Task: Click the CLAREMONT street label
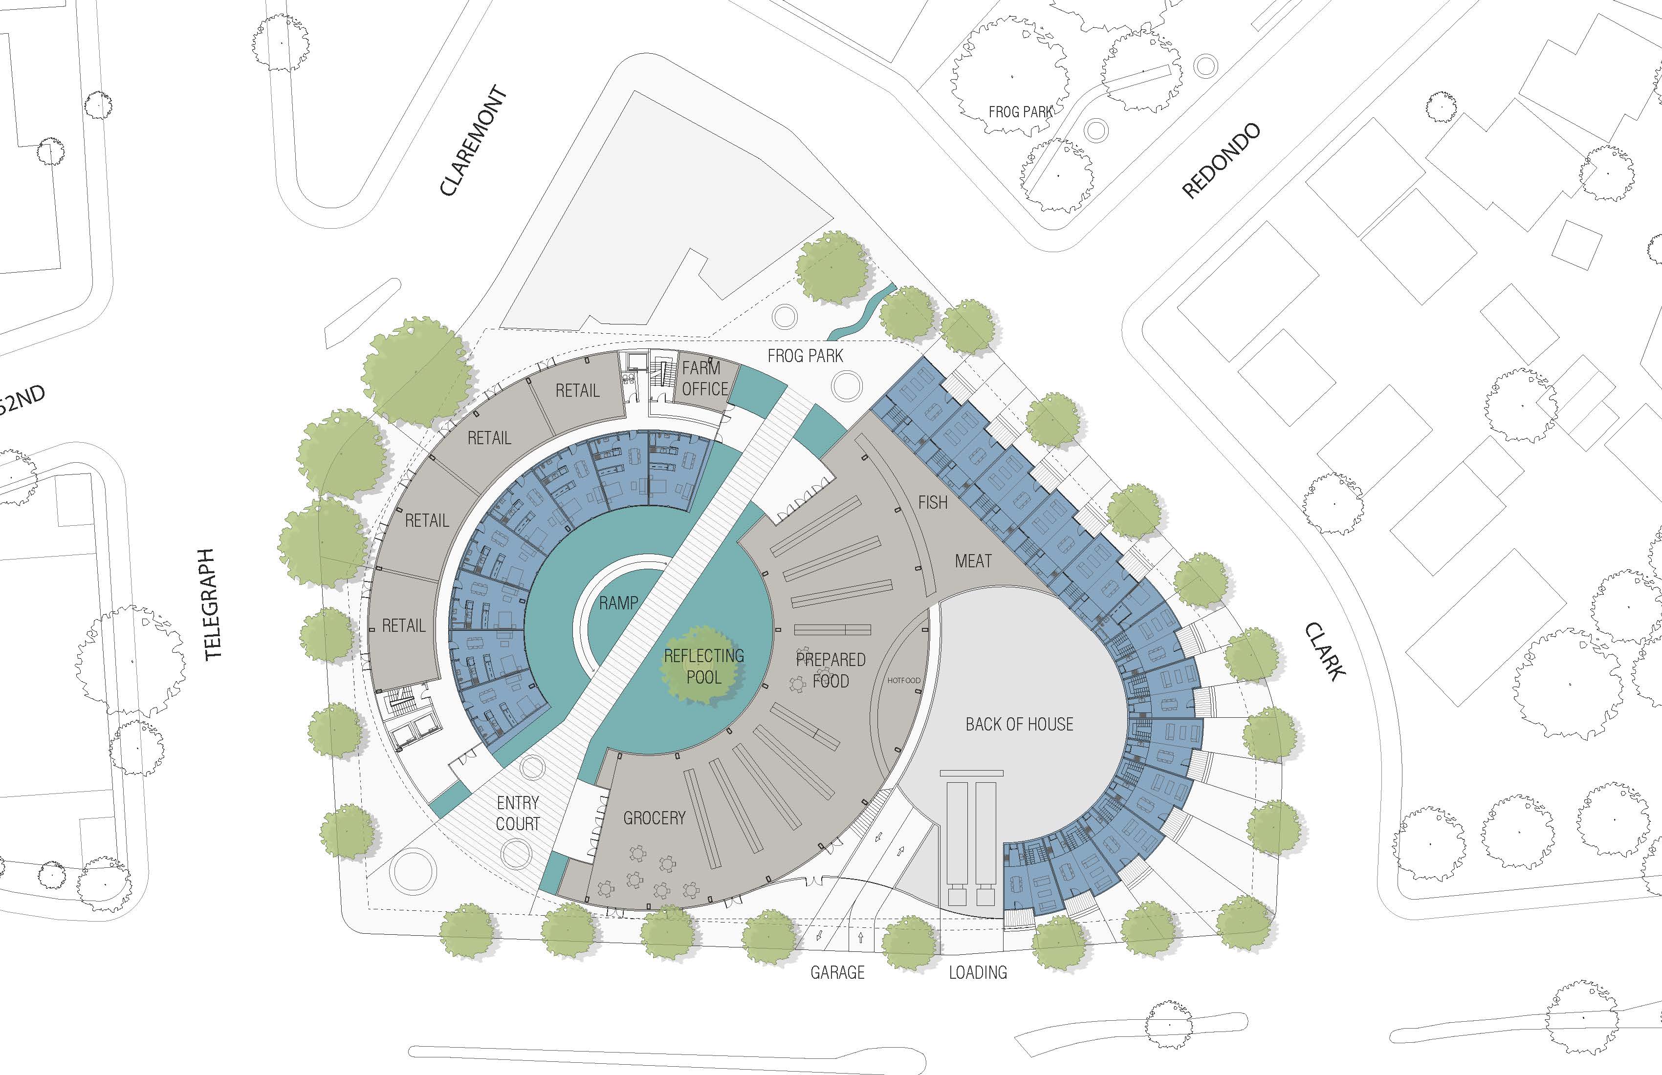tap(473, 140)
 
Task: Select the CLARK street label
tap(1325, 651)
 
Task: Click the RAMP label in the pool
tap(618, 603)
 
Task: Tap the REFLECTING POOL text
tap(704, 666)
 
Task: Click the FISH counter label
tap(933, 502)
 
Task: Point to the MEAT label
tap(973, 560)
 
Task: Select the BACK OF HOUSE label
tap(1020, 724)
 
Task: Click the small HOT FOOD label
tap(904, 680)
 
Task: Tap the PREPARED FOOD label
tap(831, 670)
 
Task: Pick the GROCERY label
tap(655, 817)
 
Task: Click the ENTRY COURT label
tap(518, 813)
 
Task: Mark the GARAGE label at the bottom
tap(837, 972)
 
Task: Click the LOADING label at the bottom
tap(978, 972)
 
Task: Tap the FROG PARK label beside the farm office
tap(805, 356)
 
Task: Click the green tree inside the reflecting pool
tap(701, 665)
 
